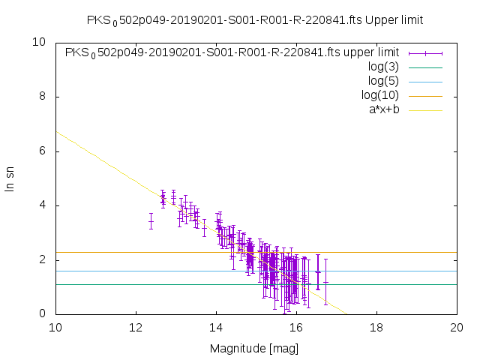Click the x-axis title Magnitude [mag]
click(x=256, y=348)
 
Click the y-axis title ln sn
click(x=10, y=178)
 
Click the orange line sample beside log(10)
click(x=425, y=95)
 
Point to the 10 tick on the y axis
click(x=40, y=42)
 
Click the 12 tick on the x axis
click(x=136, y=327)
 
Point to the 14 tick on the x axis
click(x=216, y=327)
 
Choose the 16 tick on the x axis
click(x=296, y=327)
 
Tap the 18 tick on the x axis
click(x=376, y=327)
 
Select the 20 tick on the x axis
click(x=457, y=327)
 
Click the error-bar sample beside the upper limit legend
click(x=425, y=52)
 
